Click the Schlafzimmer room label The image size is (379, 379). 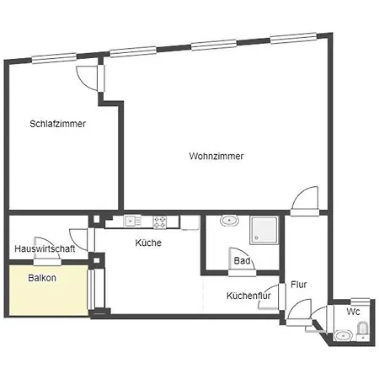(58, 124)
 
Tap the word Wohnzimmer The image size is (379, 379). (216, 157)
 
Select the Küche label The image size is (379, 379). (148, 243)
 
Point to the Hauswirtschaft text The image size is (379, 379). (45, 249)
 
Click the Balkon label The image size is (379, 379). (42, 277)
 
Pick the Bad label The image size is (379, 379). (242, 262)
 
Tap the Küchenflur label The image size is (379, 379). (248, 296)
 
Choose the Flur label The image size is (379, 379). (299, 285)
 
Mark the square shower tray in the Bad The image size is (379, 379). (265, 228)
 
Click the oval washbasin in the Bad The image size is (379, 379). (227, 222)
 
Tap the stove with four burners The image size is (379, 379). (159, 222)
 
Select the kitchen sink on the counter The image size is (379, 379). (132, 222)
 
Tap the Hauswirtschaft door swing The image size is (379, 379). (78, 238)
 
